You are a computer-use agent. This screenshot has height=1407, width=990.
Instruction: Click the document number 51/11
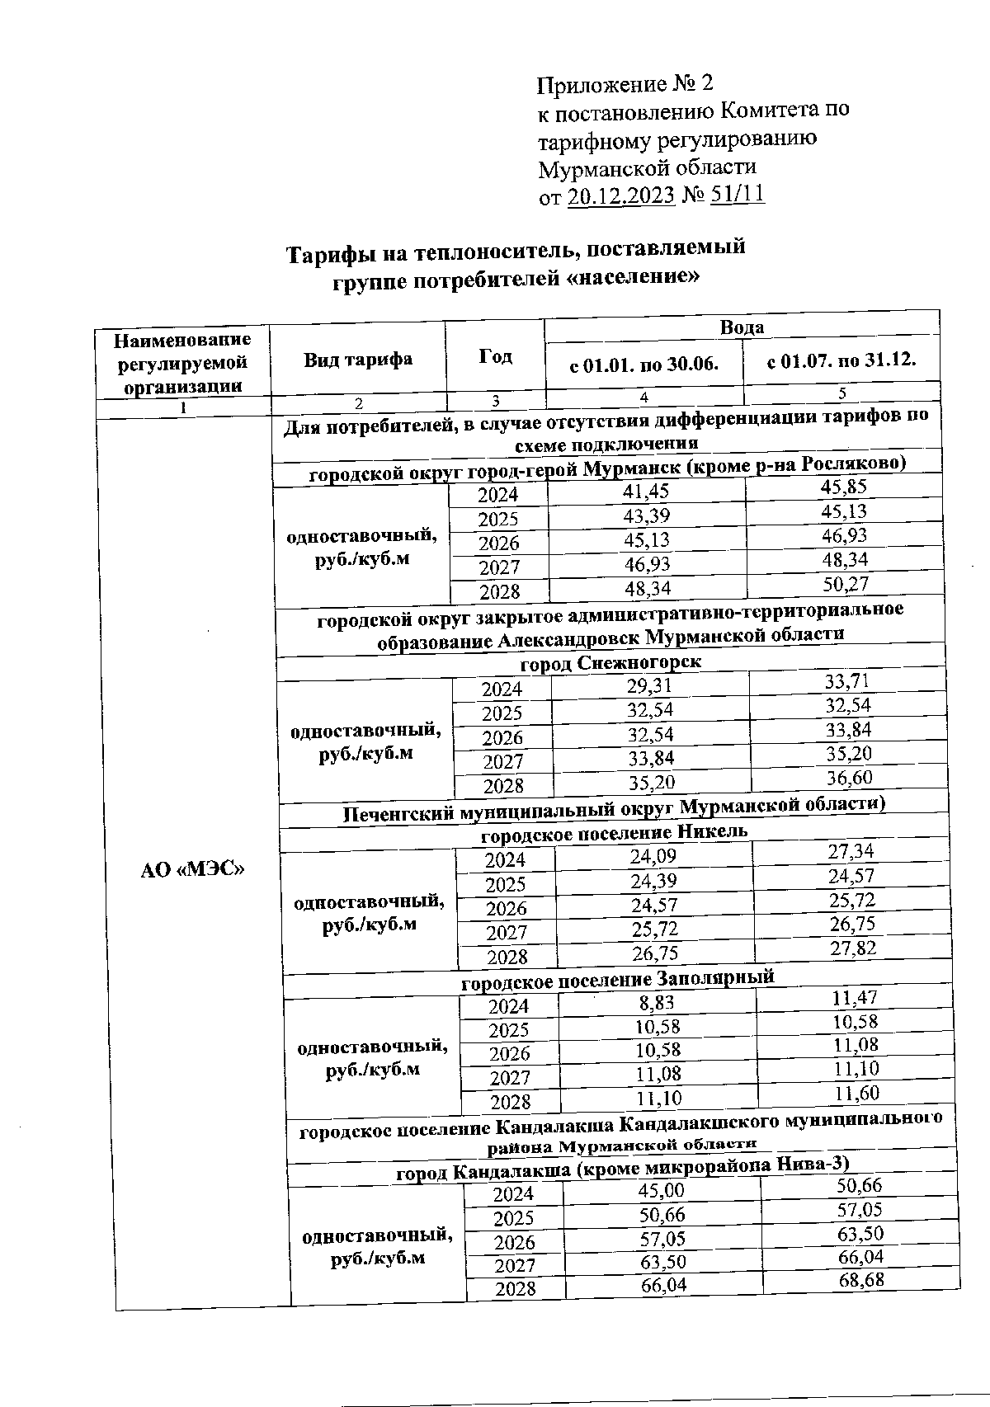coord(737,195)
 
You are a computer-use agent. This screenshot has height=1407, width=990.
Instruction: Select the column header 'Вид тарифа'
coord(357,360)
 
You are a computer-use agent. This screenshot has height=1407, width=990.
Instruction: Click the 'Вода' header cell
coord(742,327)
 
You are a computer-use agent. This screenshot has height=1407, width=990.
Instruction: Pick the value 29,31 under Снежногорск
coord(649,686)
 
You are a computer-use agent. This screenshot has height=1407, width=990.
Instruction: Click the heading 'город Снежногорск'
coord(610,663)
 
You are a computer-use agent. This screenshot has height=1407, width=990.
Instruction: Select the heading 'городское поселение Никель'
coord(614,833)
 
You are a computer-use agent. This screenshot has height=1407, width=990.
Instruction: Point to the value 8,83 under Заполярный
coord(657,1002)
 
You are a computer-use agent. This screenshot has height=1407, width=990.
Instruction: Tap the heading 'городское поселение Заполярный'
coord(617,980)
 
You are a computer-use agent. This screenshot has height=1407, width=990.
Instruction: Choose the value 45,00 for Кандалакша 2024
coord(661,1190)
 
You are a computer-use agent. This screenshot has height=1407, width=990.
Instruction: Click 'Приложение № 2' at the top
coord(624,84)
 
